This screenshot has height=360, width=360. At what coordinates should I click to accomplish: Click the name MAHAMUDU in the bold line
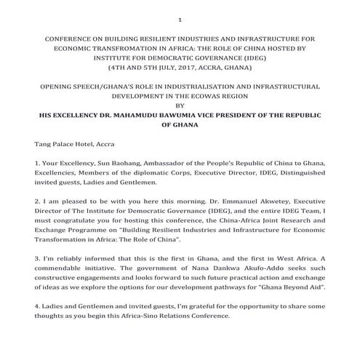coord(159,115)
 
